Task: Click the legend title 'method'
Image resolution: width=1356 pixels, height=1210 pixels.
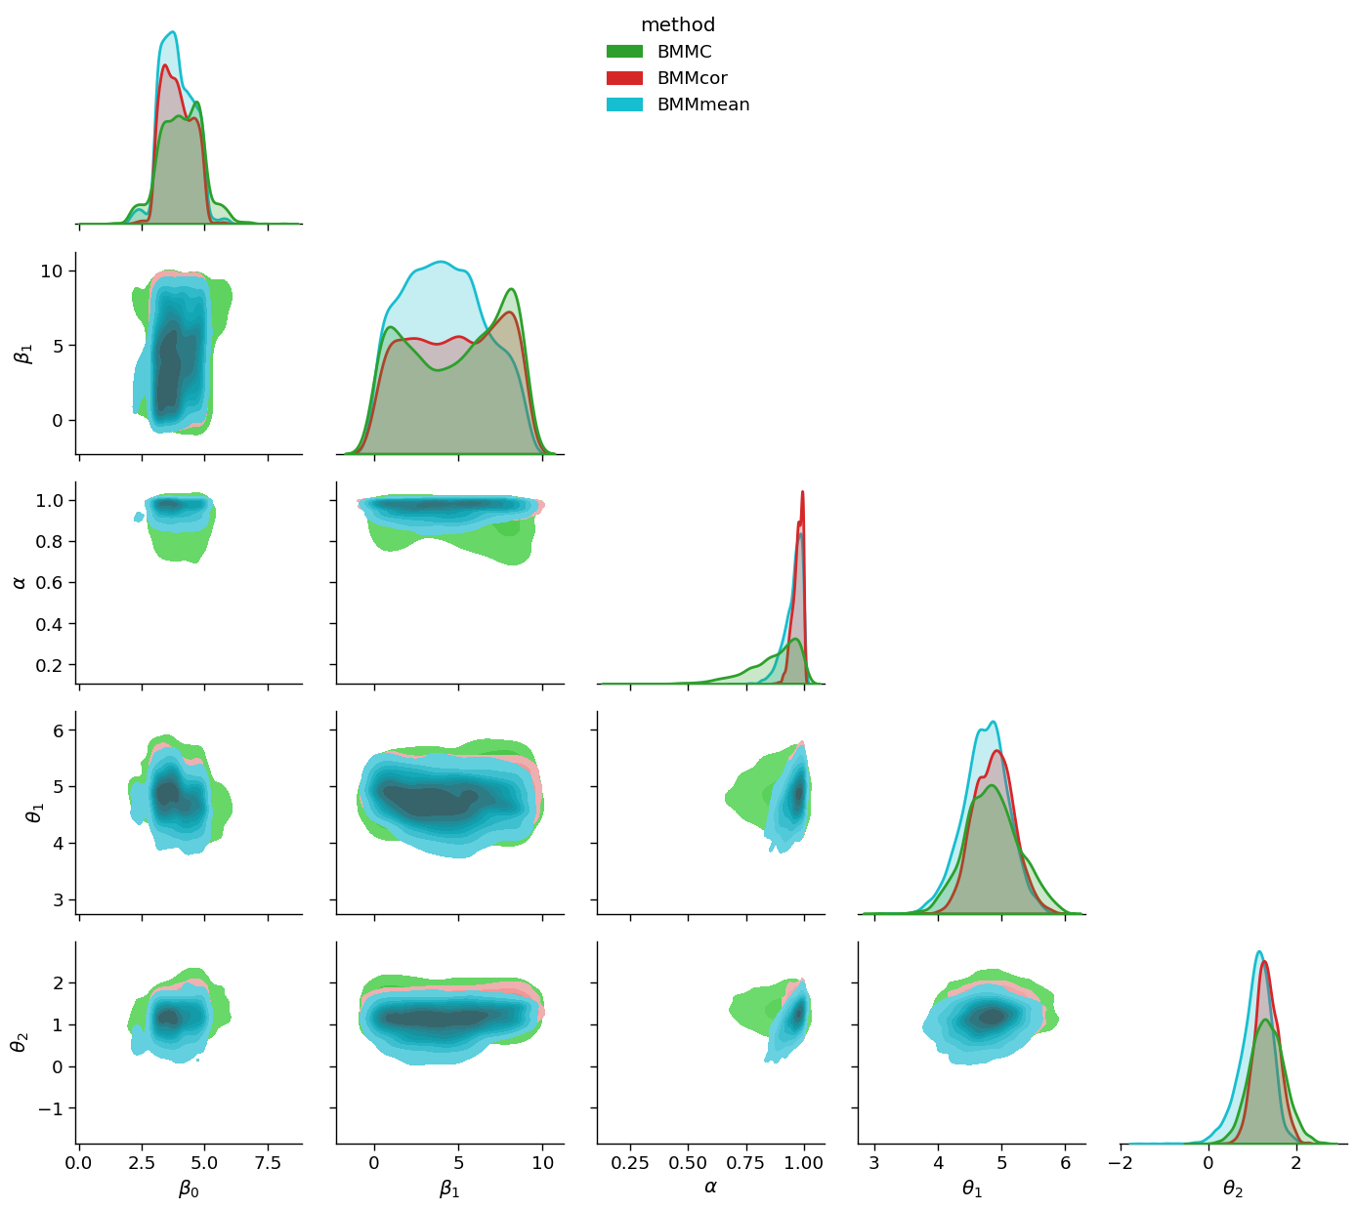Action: click(678, 25)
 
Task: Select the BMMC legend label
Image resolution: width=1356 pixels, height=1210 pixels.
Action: click(684, 52)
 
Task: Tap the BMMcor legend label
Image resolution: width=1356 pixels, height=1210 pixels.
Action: click(692, 78)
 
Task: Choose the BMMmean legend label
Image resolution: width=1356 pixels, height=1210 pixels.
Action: click(703, 104)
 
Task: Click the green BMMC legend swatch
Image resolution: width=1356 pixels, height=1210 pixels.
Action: click(624, 52)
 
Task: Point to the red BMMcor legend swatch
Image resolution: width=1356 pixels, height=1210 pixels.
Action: click(624, 78)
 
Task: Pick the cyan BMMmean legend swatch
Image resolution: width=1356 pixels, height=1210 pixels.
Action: click(624, 104)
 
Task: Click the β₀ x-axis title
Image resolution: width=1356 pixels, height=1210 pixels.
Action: click(189, 1188)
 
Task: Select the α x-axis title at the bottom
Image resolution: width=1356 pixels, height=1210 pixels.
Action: click(710, 1188)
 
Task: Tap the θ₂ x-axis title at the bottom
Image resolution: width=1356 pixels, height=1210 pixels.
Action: click(1233, 1188)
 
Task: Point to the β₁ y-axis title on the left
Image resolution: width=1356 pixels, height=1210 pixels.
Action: click(23, 353)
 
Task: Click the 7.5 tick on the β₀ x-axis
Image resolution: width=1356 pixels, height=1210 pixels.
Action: click(268, 1163)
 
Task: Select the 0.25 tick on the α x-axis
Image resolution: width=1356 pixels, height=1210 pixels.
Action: click(630, 1163)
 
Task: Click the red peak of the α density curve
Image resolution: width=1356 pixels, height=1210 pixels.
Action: click(802, 492)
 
